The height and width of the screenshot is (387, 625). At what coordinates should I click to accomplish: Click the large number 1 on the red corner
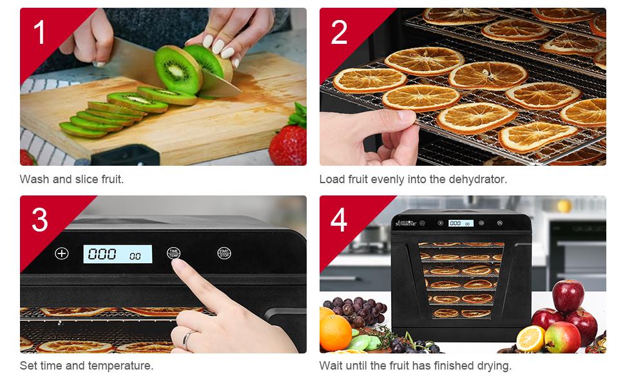[41, 33]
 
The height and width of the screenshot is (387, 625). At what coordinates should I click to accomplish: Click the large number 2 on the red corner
[339, 33]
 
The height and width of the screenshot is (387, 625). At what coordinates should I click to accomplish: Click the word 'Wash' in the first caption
[35, 179]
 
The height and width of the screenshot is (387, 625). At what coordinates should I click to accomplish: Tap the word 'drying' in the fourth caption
[493, 366]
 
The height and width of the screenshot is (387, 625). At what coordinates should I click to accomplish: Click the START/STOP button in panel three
[224, 253]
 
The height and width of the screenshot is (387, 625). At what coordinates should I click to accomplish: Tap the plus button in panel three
[61, 253]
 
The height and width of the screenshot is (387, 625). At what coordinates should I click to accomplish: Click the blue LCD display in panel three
[117, 254]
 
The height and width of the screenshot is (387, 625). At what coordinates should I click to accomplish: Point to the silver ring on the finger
[186, 338]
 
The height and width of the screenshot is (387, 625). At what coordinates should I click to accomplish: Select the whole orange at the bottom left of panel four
[335, 332]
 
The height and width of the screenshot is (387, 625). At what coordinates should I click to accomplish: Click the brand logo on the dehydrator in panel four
[405, 223]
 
